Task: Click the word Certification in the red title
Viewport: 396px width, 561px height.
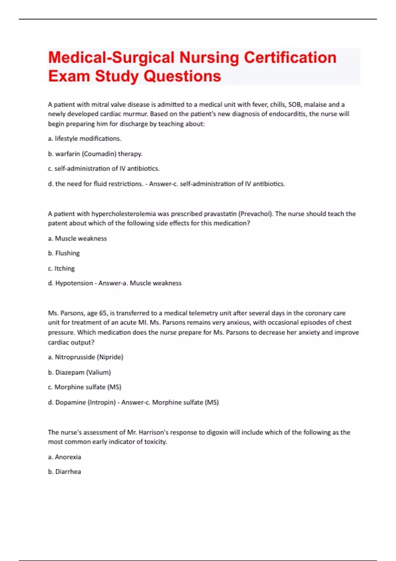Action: coord(290,57)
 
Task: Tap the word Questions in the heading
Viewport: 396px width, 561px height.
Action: coord(182,76)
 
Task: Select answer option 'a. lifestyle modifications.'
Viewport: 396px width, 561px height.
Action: coord(84,139)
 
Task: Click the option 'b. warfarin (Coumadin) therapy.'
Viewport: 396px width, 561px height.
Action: coord(95,154)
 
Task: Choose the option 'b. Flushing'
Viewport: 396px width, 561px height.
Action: coord(64,253)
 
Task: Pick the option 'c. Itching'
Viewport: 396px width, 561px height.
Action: coord(61,268)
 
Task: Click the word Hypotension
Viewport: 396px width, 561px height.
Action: coord(74,283)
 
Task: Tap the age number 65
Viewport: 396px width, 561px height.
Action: coord(103,313)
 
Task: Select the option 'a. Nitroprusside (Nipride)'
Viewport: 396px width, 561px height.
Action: coord(85,357)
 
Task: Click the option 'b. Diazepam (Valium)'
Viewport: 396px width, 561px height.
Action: coord(79,372)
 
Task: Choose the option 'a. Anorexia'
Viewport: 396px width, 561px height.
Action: coord(64,457)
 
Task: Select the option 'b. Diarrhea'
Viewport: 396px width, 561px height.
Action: coord(64,472)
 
